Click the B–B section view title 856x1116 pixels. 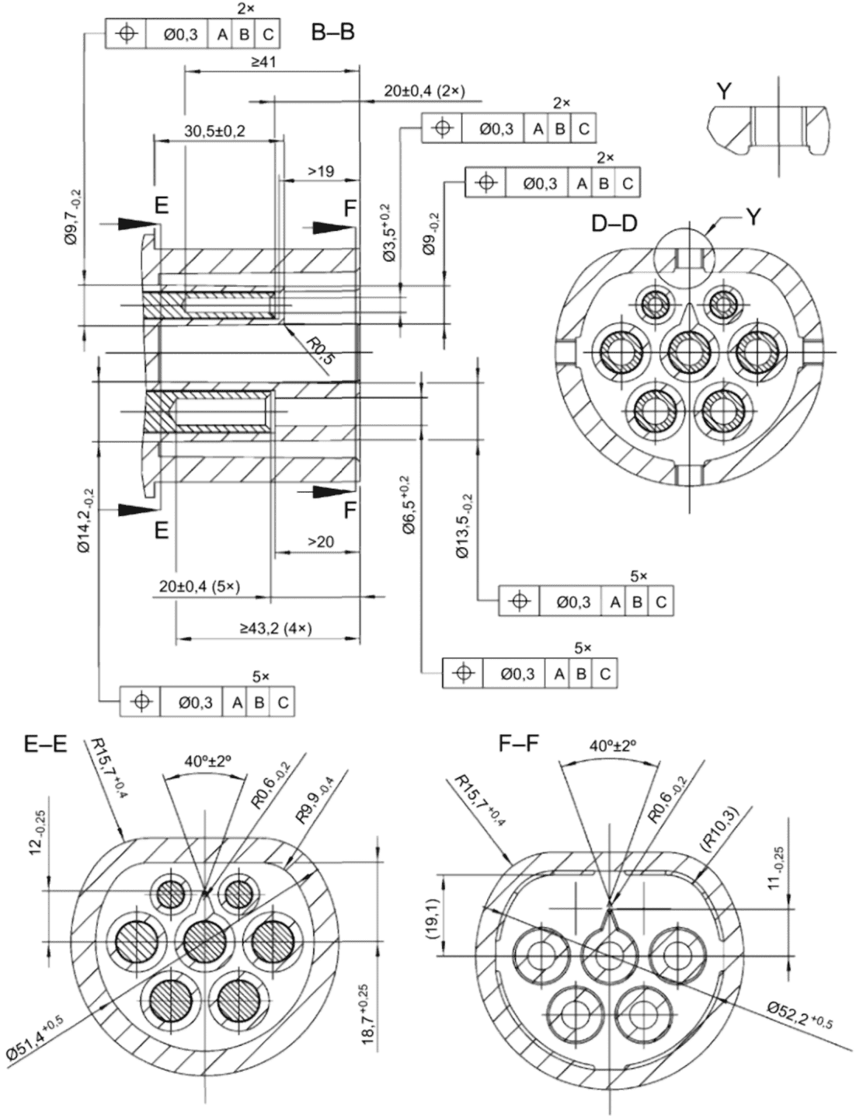332,33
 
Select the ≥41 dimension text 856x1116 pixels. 263,62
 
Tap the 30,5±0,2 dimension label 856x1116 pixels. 215,131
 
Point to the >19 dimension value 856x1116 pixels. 321,171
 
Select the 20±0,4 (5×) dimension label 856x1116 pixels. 200,586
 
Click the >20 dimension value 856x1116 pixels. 321,542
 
